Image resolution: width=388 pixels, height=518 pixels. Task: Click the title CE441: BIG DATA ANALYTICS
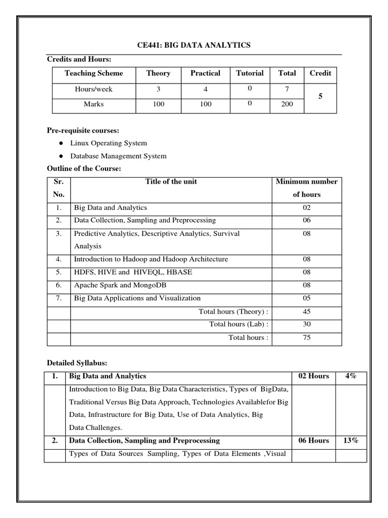point(194,46)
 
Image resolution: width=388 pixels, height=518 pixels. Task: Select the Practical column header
point(205,73)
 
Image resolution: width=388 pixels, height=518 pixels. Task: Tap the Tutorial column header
point(250,73)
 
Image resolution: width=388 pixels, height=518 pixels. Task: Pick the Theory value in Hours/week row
point(158,89)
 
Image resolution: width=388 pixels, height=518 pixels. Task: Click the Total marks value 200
point(287,105)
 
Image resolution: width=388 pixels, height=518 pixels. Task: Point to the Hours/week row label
point(93,89)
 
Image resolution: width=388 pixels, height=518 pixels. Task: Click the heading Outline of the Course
point(84,169)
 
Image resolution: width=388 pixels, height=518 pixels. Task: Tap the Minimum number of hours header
point(307,188)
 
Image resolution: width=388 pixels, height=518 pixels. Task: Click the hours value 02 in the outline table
point(307,208)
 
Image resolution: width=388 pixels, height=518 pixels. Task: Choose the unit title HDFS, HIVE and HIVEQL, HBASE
point(133,272)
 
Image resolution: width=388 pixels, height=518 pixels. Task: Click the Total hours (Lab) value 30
point(307,324)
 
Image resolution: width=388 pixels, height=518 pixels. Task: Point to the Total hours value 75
point(307,337)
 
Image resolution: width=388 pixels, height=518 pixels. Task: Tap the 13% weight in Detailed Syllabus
point(350,441)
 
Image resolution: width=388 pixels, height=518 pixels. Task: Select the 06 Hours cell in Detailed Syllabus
point(313,441)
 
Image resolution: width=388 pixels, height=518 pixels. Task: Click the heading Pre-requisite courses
point(83,131)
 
